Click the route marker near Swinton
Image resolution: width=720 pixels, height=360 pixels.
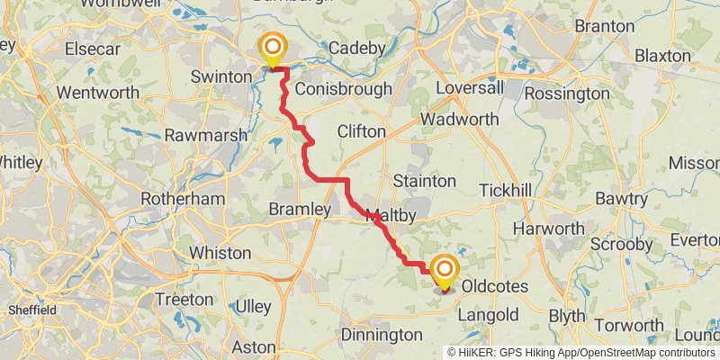(272, 49)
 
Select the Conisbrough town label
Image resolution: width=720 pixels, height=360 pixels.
(343, 89)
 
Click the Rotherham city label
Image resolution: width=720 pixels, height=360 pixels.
(183, 198)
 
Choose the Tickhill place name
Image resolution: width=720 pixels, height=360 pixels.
(508, 191)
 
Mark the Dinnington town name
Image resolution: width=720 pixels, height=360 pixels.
(382, 335)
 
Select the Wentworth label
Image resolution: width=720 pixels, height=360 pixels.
(97, 93)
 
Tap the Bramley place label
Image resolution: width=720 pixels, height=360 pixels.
(300, 209)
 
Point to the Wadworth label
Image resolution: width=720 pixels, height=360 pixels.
(459, 119)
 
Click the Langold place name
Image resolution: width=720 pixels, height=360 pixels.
(488, 315)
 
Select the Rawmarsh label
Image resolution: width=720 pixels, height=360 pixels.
(201, 136)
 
